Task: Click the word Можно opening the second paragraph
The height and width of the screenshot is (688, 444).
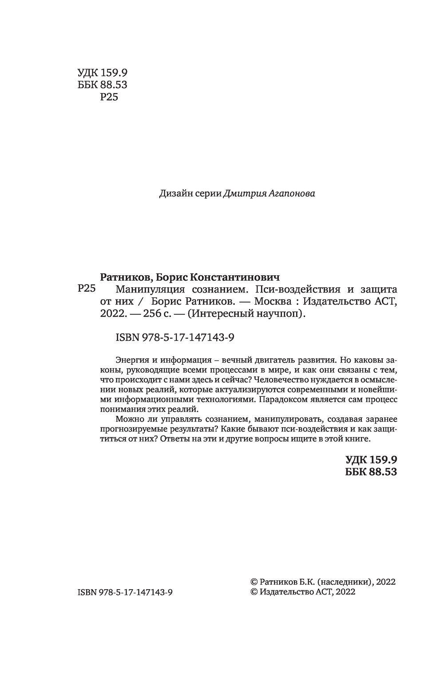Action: [x=127, y=419]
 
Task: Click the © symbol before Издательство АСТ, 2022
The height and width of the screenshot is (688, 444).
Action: [x=254, y=592]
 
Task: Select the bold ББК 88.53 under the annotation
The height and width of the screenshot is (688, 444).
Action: [x=370, y=472]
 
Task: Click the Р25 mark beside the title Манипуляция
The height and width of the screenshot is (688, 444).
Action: [x=87, y=289]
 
